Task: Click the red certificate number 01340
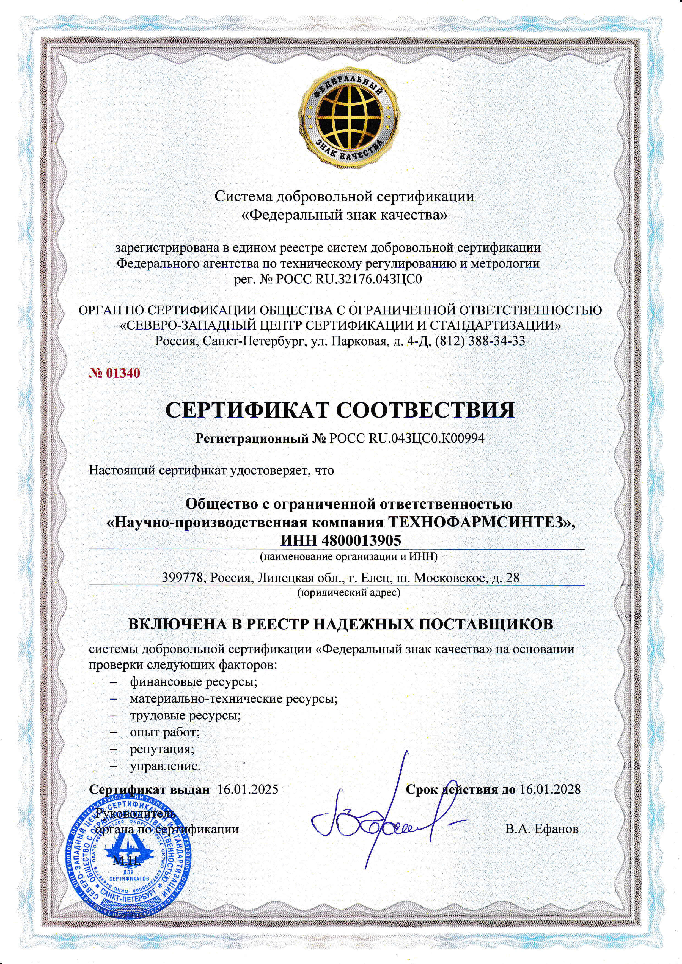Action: (x=114, y=373)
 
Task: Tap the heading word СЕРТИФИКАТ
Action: (x=248, y=410)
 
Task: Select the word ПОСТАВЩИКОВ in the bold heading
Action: (x=482, y=624)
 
